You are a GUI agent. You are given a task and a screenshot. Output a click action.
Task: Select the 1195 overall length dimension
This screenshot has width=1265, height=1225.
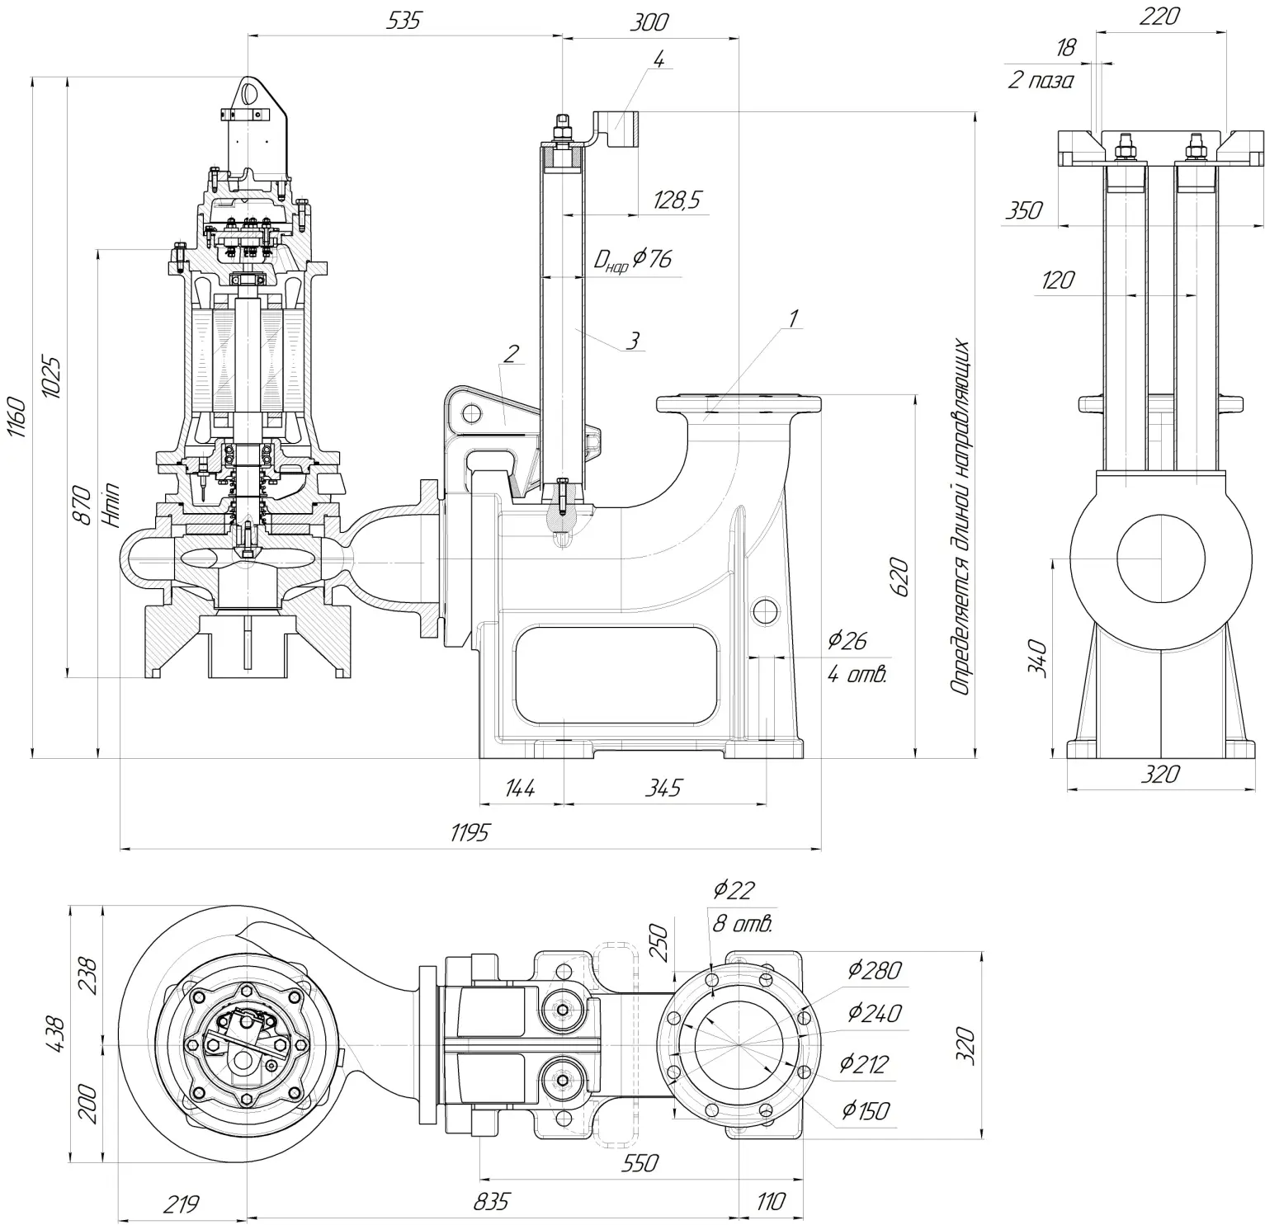[x=470, y=832]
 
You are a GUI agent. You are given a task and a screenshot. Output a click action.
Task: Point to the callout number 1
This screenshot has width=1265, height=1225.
[x=793, y=318]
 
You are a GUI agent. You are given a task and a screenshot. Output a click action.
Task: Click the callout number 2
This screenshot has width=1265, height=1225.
[x=511, y=354]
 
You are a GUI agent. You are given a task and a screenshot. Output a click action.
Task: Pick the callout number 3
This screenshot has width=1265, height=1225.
[x=632, y=340]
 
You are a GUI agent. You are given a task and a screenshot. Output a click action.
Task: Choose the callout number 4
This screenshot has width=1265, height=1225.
[x=658, y=59]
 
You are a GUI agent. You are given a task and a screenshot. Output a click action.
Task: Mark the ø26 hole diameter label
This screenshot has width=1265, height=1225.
[x=847, y=639]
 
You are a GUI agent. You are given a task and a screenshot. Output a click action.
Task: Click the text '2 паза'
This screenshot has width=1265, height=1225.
[x=1040, y=81]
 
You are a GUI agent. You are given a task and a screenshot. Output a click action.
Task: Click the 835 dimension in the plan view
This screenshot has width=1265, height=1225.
[x=492, y=1201]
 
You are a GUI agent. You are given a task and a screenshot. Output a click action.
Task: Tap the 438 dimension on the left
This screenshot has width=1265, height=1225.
[x=54, y=1034]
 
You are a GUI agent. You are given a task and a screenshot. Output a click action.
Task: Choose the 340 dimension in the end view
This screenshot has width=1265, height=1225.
[x=1039, y=657]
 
